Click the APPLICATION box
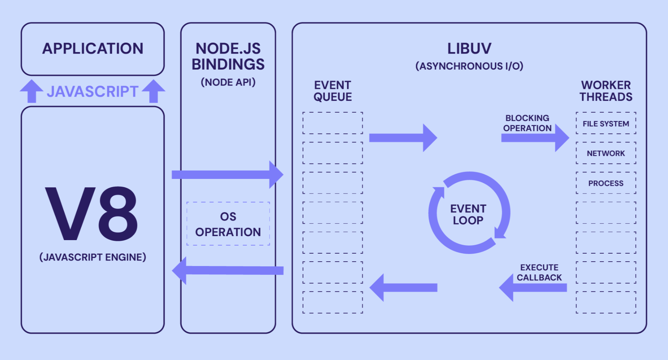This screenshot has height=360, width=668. coord(93,49)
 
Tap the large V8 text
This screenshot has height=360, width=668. coord(91,214)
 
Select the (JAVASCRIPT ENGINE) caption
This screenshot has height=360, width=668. coord(93,257)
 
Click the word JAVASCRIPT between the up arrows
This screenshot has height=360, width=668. coord(93,91)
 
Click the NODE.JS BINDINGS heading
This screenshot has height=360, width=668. coord(228,56)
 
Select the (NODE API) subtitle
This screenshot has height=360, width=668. coord(228,82)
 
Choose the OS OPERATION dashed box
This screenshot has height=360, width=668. coord(228,224)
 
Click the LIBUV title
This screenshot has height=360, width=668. coord(469,48)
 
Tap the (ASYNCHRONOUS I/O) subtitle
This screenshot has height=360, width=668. coord(469,66)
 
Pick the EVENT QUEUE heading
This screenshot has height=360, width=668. coord(333,91)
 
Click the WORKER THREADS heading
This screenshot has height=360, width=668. coord(606,91)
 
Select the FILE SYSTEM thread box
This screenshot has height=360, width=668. coord(606,124)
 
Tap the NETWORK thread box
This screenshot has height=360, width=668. coord(606,153)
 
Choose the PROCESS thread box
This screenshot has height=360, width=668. coord(606,183)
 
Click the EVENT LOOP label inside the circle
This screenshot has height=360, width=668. coord(468,214)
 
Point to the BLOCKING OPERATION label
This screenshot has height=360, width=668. coord(527,123)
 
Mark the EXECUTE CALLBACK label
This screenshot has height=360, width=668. coord(539,273)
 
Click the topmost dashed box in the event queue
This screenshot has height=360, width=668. coord(333,123)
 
